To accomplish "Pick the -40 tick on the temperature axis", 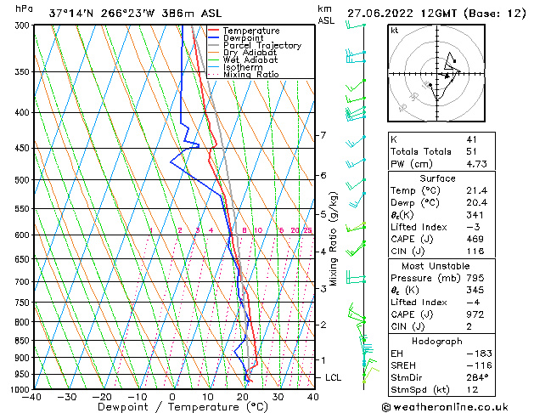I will point(32,396).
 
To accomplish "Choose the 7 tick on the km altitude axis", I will point(322,136).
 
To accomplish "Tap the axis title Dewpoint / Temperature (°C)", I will point(172,407).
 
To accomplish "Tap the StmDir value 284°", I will point(477,376).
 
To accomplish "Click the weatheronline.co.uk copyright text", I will point(453,406).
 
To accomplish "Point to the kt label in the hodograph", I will point(394,31).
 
